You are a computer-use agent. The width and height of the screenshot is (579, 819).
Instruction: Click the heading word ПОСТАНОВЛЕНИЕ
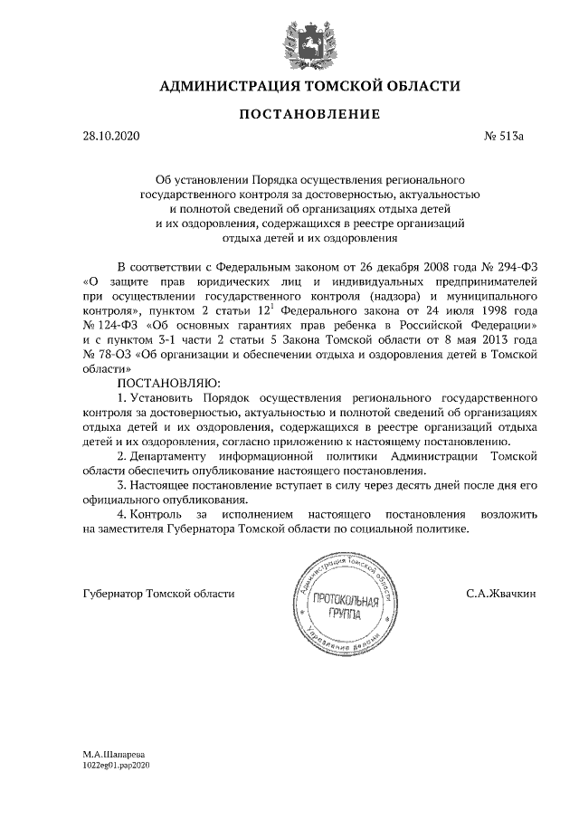click(289, 114)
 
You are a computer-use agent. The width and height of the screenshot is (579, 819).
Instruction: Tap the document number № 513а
click(505, 137)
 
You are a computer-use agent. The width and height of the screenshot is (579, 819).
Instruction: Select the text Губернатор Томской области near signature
click(158, 594)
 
